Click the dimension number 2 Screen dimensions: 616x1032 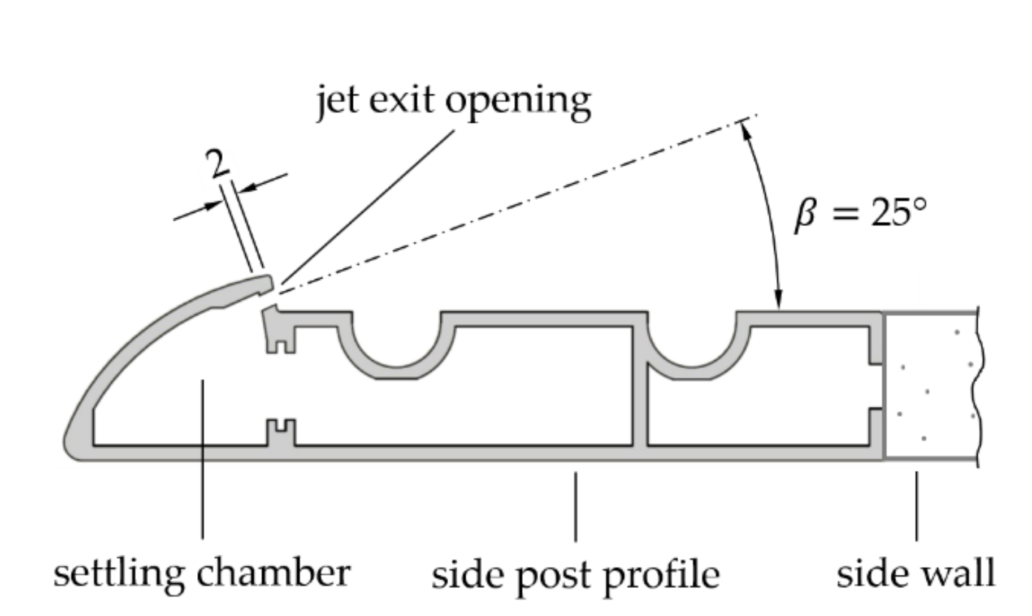click(216, 165)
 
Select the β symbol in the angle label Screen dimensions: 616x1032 click(805, 216)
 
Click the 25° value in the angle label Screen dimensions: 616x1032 click(897, 213)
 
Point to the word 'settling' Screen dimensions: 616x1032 click(118, 574)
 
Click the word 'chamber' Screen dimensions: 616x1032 click(273, 572)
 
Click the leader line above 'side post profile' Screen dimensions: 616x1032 click(575, 506)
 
